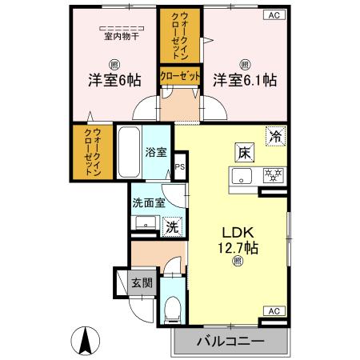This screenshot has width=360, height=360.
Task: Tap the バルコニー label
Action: [230, 342]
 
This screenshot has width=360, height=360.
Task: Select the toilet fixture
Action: [173, 307]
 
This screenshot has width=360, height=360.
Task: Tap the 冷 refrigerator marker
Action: [274, 136]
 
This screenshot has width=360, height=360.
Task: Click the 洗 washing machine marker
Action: [172, 227]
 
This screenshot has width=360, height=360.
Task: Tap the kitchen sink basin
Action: [241, 176]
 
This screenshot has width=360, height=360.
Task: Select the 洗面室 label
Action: [149, 202]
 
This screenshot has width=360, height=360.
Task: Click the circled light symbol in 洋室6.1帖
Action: [244, 64]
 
